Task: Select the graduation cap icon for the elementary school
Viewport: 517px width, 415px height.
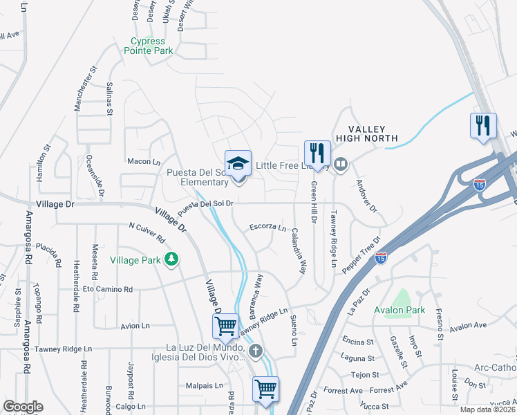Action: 238,164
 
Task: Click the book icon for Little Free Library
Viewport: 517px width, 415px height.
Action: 340,165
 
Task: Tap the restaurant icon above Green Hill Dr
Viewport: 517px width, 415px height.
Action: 317,152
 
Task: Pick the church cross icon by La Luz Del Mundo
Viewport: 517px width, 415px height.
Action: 255,351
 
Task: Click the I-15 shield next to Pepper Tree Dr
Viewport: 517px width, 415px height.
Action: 380,257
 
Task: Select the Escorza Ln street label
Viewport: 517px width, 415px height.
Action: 267,227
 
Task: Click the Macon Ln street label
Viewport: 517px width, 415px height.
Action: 144,161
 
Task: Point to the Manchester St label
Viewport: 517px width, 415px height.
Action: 84,89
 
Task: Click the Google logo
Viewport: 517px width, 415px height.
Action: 23,407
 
